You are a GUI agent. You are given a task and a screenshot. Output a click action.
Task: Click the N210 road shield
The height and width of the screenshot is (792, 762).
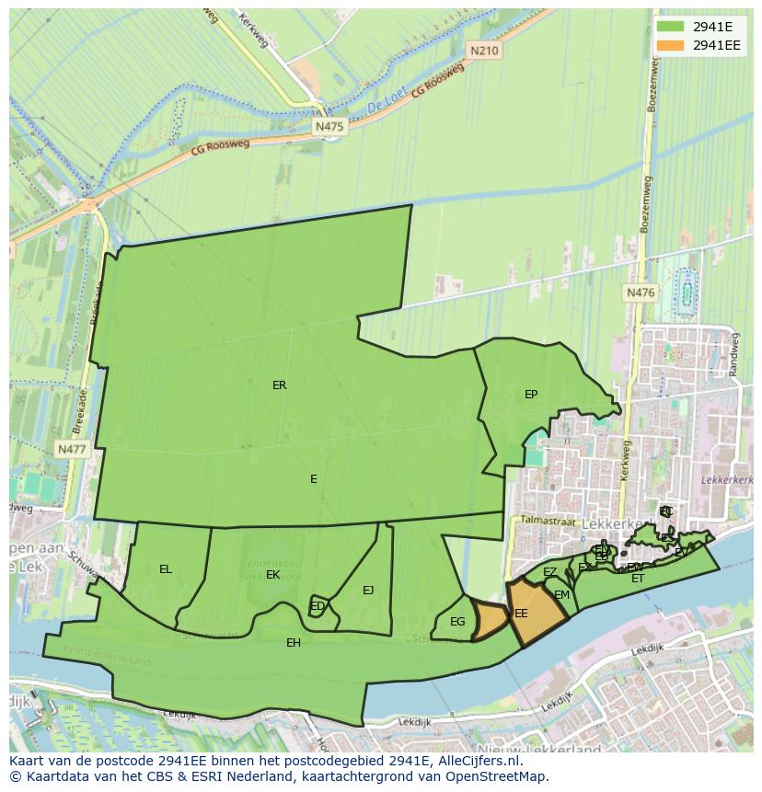click(x=483, y=51)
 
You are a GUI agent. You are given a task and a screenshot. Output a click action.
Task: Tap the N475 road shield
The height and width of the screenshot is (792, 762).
click(x=329, y=126)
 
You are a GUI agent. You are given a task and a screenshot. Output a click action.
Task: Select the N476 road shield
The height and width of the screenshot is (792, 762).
click(x=640, y=293)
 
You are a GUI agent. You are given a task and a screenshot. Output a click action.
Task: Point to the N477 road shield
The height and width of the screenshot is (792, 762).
click(x=71, y=449)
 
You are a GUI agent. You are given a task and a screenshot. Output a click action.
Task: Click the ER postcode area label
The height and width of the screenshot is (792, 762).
click(x=279, y=385)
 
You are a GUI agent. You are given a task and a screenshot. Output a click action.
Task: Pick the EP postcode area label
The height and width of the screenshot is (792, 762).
click(x=531, y=395)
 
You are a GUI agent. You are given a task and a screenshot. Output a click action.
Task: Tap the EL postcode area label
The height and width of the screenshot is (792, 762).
click(x=166, y=569)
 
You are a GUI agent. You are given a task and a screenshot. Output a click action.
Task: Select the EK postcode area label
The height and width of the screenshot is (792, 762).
click(x=272, y=575)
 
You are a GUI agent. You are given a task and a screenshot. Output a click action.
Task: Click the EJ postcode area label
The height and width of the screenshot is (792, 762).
click(x=368, y=591)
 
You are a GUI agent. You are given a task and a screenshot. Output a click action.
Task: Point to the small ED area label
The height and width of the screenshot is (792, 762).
click(x=317, y=606)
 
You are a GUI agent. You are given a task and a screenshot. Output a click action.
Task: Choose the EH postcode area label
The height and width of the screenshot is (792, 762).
click(x=294, y=642)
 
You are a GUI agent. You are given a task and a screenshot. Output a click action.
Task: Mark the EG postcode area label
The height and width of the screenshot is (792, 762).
click(x=457, y=622)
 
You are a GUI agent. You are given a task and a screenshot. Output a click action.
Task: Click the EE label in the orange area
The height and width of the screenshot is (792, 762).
click(x=521, y=614)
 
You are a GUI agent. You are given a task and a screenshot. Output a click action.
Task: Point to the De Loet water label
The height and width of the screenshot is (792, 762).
click(x=386, y=107)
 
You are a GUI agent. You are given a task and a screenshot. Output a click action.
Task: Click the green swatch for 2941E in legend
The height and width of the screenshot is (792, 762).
click(x=672, y=27)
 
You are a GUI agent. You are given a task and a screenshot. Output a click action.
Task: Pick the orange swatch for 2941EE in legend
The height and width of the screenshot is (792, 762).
click(x=672, y=44)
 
